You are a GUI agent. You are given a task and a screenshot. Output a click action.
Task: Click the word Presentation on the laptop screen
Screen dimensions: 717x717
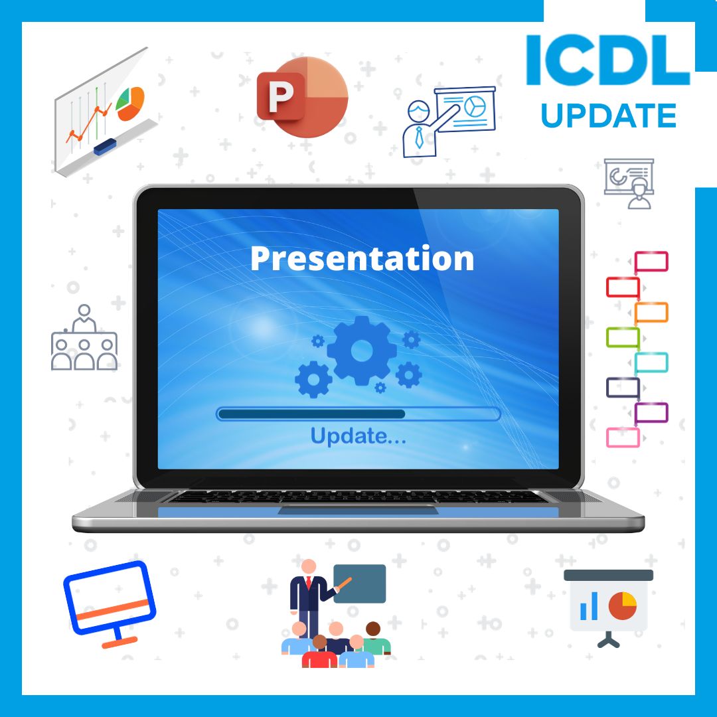coord(362,258)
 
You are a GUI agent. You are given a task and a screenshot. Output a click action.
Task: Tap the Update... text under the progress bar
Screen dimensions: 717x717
coord(358,436)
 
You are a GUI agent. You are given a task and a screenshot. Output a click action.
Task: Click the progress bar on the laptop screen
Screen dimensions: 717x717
coord(358,414)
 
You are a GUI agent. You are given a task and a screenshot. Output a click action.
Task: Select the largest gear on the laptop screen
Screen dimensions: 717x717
coord(362,350)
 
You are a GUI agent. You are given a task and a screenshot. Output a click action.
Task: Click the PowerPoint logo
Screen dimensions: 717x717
coord(302,97)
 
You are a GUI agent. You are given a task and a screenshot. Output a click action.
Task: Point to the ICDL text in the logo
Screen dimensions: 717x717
coord(607,61)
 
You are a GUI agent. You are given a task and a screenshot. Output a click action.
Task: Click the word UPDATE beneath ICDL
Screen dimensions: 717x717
coord(608,116)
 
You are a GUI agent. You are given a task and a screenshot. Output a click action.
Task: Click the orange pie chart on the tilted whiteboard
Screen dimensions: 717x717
coord(130,104)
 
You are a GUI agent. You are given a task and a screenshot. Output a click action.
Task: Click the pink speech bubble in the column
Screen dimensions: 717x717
coord(623,438)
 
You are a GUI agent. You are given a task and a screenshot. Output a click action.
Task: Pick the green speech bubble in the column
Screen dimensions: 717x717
coord(623,337)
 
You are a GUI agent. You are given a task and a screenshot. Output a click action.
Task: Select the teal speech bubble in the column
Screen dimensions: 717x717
coord(651,362)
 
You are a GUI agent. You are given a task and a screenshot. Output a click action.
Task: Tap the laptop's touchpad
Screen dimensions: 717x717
coord(358,510)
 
